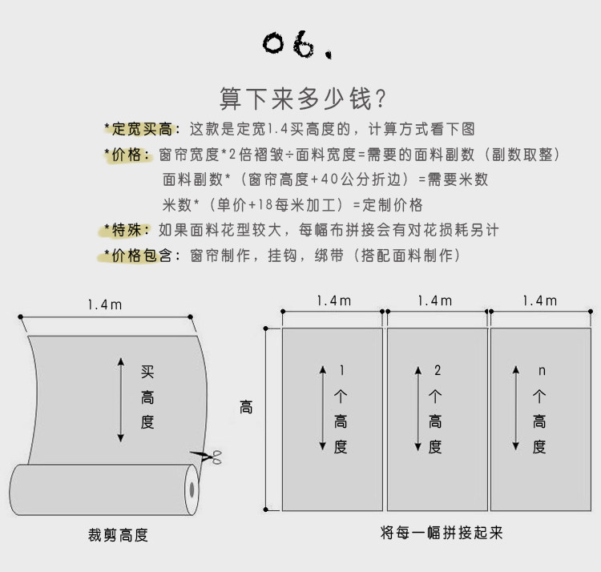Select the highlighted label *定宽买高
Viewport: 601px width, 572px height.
(x=138, y=129)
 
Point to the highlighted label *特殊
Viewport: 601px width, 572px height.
(x=125, y=231)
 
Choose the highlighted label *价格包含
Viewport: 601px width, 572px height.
(x=138, y=256)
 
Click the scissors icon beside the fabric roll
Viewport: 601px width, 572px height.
(x=208, y=459)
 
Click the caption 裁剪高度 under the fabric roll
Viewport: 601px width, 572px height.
(x=118, y=535)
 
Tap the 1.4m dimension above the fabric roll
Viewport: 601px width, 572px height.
(x=107, y=304)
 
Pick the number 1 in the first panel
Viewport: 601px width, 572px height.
(x=342, y=370)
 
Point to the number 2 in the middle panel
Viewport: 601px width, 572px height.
(x=437, y=370)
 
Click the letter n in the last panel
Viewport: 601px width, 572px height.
(x=541, y=370)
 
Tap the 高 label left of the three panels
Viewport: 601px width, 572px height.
(x=246, y=408)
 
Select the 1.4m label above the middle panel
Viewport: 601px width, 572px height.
(x=435, y=300)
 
